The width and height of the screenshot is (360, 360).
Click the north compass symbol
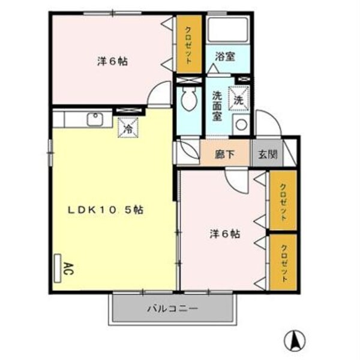[x=295, y=340]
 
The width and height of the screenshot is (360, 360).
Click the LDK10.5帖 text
[x=105, y=210]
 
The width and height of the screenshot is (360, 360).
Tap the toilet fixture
[x=189, y=99]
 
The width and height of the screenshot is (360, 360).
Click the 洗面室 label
[x=217, y=105]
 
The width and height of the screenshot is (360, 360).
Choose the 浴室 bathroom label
[x=225, y=56]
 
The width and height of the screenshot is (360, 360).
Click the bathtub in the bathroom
[x=227, y=29]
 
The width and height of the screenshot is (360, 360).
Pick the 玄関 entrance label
[x=268, y=154]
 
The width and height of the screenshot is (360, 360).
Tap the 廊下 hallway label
[x=225, y=154]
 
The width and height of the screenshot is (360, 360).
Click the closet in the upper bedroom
[x=188, y=44]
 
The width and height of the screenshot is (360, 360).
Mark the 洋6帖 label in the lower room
[x=224, y=234]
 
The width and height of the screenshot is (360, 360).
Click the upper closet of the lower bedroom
[x=283, y=200]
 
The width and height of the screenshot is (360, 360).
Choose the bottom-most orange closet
[x=283, y=263]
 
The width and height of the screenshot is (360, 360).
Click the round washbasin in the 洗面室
[x=241, y=125]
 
